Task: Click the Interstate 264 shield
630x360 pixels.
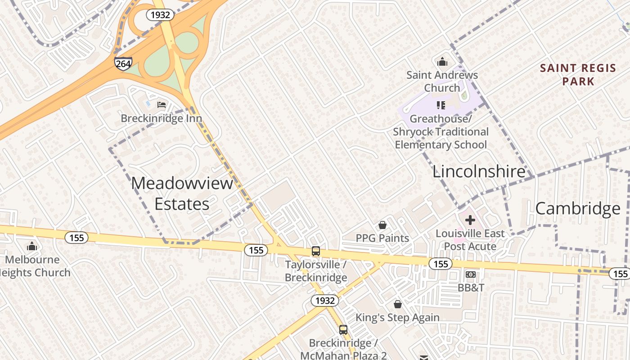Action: (x=123, y=63)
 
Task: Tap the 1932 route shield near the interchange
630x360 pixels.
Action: (x=160, y=15)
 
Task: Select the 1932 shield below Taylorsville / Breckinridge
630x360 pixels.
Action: (x=325, y=301)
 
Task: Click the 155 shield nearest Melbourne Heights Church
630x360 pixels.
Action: (x=76, y=238)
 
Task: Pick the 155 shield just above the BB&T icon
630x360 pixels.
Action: (x=440, y=264)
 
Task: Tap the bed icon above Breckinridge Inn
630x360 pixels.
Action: (x=162, y=105)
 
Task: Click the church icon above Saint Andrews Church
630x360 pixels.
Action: (x=442, y=62)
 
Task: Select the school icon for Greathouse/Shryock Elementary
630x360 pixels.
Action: (x=441, y=105)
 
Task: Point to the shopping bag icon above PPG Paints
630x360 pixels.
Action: (x=382, y=225)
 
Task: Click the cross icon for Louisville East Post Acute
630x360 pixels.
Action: (x=470, y=220)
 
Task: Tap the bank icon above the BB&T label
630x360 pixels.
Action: (x=470, y=274)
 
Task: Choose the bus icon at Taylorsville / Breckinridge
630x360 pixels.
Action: (x=316, y=251)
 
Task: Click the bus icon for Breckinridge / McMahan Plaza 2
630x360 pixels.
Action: (x=343, y=330)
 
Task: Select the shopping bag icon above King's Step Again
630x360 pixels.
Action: (x=397, y=305)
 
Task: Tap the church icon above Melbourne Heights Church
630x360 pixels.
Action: (x=31, y=246)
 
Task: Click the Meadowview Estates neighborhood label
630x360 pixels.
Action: (x=182, y=193)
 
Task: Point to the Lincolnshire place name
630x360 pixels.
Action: (x=479, y=171)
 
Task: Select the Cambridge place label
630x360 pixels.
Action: (x=578, y=208)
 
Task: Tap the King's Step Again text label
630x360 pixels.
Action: (x=397, y=318)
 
